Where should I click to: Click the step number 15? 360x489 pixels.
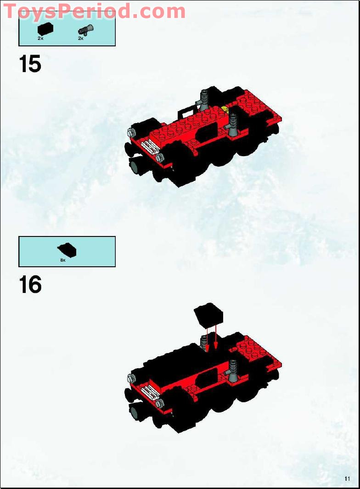[30, 64]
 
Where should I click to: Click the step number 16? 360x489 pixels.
[30, 285]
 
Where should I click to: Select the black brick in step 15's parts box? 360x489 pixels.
[45, 29]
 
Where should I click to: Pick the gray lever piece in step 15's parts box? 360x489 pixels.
[85, 30]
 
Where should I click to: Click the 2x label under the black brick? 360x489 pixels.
[40, 39]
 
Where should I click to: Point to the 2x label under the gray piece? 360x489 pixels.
[80, 39]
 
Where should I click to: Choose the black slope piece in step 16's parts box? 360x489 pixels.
[67, 250]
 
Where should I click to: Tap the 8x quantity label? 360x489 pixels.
[63, 260]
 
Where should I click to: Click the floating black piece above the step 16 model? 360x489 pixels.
[208, 315]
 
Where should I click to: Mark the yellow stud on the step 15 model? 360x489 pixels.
[225, 109]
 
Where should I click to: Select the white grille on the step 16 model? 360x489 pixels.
[151, 392]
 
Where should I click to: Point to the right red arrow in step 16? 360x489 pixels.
[215, 337]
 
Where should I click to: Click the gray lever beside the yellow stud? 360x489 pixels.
[234, 124]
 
